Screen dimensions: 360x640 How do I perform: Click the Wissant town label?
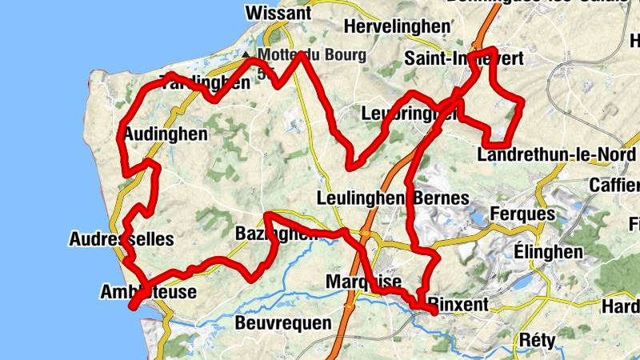[278, 13]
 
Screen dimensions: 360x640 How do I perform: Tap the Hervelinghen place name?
[397, 27]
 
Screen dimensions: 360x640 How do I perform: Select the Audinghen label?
[166, 134]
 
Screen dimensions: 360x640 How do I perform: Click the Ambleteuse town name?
[149, 292]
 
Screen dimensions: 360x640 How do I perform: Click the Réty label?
[537, 339]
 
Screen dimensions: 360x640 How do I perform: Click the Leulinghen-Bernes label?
[393, 198]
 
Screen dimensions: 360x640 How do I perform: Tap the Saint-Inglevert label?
[464, 58]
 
